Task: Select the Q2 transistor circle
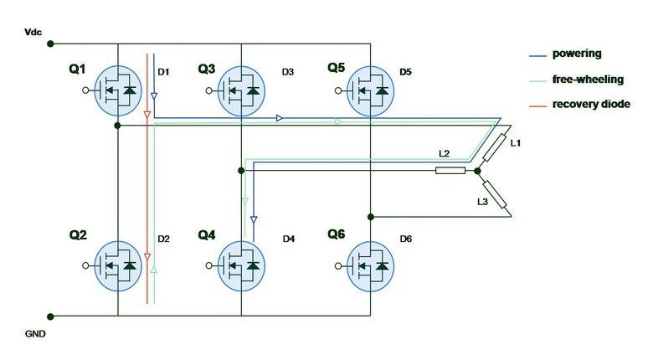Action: (x=117, y=265)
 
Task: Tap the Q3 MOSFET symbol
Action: (x=241, y=90)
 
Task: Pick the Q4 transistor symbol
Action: (x=241, y=265)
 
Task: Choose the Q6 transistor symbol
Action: (x=371, y=265)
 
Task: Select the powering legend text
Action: (x=577, y=54)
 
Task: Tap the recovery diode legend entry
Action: (x=591, y=104)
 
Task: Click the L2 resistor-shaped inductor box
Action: (x=450, y=171)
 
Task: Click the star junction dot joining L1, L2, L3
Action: (x=476, y=171)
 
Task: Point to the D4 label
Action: (x=289, y=239)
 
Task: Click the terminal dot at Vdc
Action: (x=52, y=43)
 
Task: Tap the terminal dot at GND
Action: (x=52, y=316)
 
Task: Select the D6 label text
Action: (x=406, y=239)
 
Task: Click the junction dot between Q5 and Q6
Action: (x=371, y=216)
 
